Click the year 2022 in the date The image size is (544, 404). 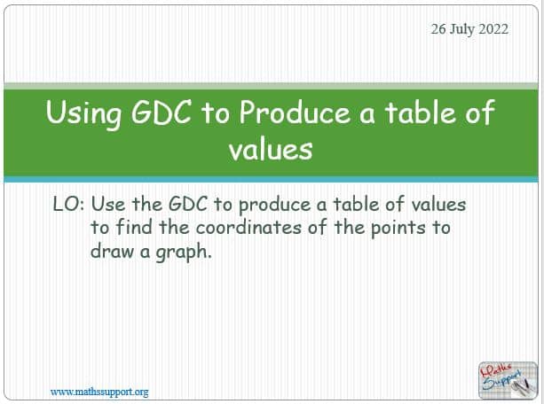[493, 28]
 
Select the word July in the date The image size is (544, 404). [462, 29]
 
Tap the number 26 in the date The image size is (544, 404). [438, 28]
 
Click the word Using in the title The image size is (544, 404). [83, 113]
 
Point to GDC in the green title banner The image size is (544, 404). [162, 112]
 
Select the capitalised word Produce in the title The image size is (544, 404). [295, 113]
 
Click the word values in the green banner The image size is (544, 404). [271, 150]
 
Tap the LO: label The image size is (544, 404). [68, 204]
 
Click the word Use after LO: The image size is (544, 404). [108, 204]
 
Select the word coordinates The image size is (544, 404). [248, 228]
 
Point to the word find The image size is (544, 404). [134, 228]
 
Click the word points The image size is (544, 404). [398, 229]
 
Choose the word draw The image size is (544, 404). [112, 251]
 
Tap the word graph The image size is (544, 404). [184, 252]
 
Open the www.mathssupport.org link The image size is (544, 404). [99, 392]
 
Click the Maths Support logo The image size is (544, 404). [508, 380]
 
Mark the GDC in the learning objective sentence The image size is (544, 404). [188, 204]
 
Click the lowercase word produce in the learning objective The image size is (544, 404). [274, 205]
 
